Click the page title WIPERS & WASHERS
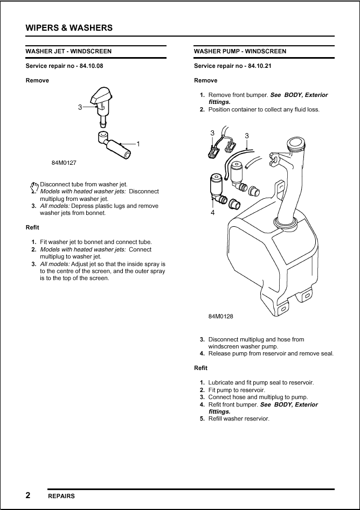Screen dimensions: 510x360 tap(70, 27)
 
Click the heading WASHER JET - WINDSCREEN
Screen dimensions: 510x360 tap(68, 52)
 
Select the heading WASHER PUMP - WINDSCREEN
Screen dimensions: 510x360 tap(240, 52)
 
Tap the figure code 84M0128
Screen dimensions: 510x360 tap(220, 317)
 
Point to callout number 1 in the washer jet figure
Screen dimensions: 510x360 tap(138, 144)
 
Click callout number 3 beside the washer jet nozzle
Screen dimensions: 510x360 tap(80, 107)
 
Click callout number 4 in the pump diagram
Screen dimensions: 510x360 tap(212, 213)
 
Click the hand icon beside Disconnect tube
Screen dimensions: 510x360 tap(35, 185)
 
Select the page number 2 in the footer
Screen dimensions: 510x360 tap(28, 495)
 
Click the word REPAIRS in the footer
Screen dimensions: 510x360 tap(61, 496)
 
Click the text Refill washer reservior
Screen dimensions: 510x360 tap(239, 419)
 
